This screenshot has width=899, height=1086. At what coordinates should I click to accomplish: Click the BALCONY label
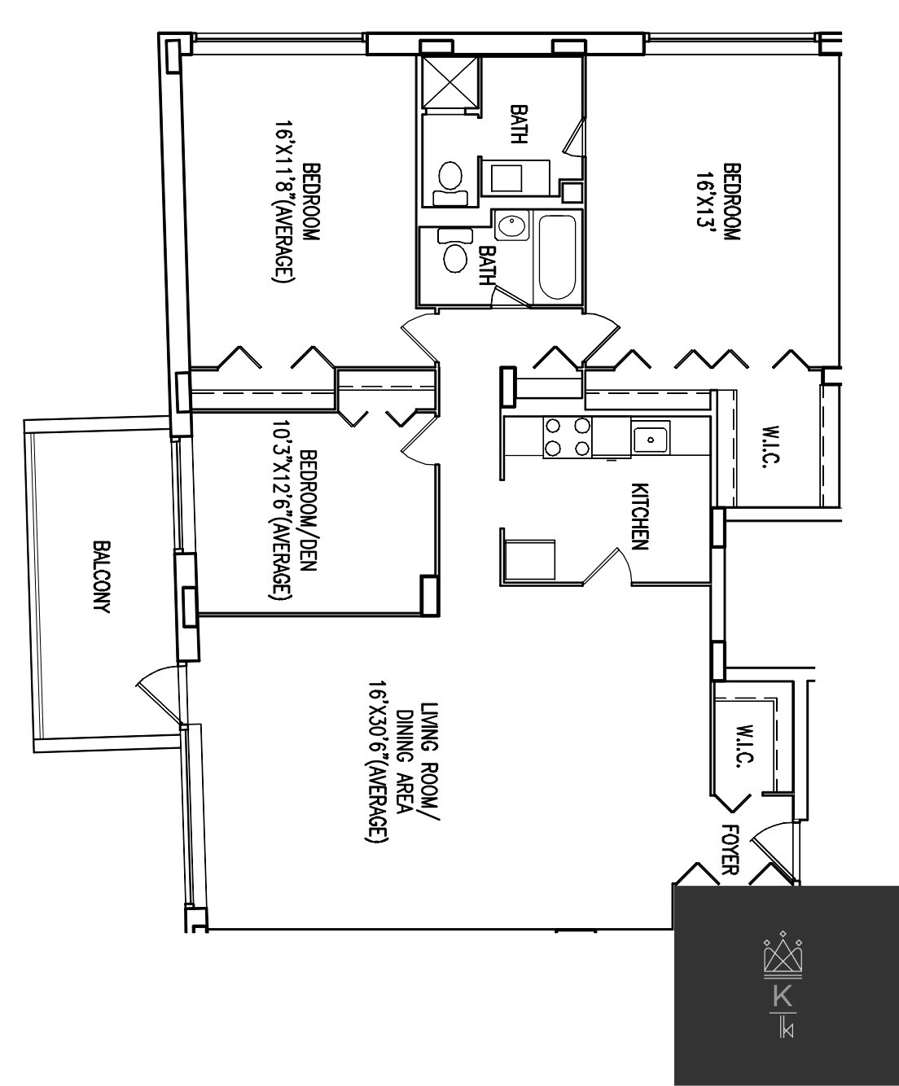click(x=102, y=578)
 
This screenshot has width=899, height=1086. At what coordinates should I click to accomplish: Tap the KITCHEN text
click(x=640, y=518)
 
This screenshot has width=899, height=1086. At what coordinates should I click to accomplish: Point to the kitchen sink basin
click(x=651, y=438)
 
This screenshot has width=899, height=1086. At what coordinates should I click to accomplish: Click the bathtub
click(x=558, y=257)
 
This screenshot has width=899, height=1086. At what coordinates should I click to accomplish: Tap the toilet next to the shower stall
click(x=449, y=182)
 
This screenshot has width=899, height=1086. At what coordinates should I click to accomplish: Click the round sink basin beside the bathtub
click(x=511, y=226)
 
